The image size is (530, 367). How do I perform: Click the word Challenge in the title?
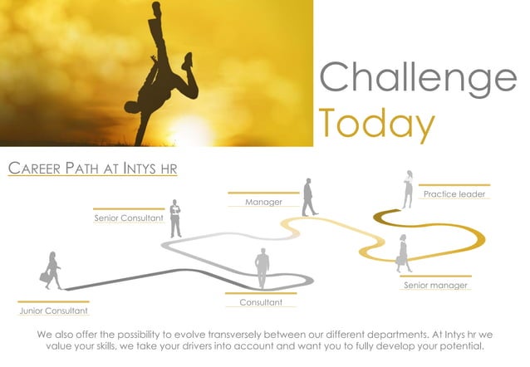[418, 78]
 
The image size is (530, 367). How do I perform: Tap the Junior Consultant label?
[53, 311]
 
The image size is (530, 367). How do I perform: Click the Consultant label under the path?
[261, 302]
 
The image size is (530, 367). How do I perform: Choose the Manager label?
[263, 202]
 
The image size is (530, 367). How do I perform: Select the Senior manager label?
[435, 286]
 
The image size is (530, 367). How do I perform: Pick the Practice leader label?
[454, 194]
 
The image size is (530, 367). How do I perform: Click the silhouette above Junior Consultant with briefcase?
[52, 271]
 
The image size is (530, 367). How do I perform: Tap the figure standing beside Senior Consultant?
[175, 218]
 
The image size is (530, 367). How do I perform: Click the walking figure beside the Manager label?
[309, 197]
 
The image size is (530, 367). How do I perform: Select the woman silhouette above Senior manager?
[404, 253]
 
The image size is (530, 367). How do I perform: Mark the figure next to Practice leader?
[408, 189]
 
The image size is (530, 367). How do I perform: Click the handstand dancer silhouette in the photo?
[162, 71]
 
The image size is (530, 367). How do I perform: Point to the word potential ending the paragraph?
[459, 346]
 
